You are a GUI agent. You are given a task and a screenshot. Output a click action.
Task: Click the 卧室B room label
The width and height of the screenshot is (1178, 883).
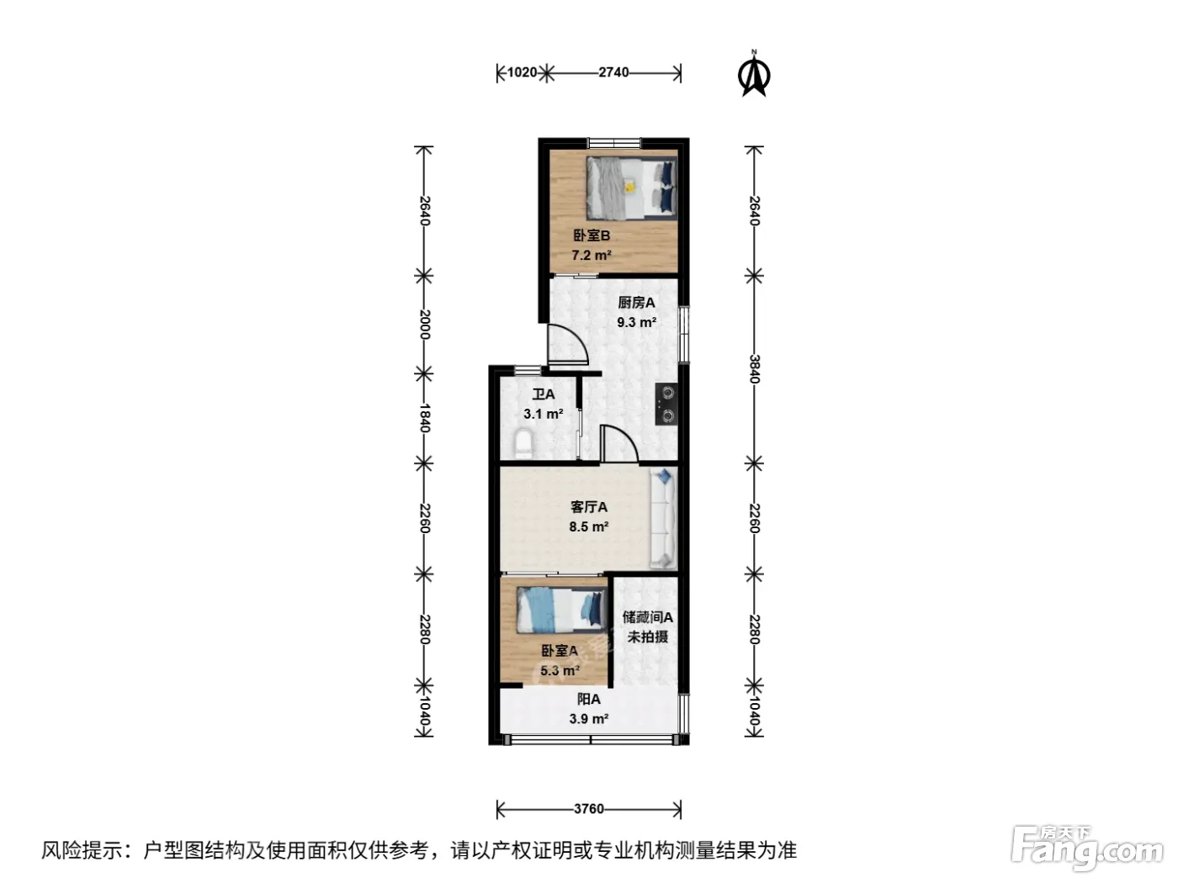click(x=592, y=235)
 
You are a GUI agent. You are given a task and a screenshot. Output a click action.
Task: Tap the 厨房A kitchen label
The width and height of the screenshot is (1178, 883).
click(x=636, y=303)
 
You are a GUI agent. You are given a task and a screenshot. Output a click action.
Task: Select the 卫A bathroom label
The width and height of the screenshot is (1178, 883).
click(x=543, y=394)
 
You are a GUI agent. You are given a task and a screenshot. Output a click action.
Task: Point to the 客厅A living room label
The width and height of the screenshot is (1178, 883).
click(x=589, y=506)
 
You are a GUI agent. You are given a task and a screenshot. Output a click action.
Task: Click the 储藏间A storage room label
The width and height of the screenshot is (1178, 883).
click(x=647, y=617)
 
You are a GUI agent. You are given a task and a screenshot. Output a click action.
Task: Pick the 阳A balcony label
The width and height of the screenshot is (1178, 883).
click(x=588, y=699)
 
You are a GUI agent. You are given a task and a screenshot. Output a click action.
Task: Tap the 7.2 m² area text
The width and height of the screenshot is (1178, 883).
click(x=592, y=255)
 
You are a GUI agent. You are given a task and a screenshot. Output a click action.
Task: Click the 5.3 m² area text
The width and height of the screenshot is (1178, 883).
click(x=560, y=671)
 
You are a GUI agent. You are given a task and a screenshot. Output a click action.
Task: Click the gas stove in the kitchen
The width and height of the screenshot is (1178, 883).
click(x=666, y=404)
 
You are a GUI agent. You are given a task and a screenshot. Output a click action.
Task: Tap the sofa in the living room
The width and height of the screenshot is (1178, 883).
click(x=663, y=518)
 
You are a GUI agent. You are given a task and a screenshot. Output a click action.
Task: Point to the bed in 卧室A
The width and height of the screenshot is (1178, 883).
click(x=561, y=610)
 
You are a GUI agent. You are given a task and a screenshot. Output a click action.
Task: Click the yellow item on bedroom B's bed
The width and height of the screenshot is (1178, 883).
click(x=629, y=187)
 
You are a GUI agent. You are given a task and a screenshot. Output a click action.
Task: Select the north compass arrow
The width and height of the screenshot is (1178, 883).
click(x=754, y=74)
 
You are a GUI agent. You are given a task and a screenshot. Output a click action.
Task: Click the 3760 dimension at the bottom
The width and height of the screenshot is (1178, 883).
click(x=589, y=808)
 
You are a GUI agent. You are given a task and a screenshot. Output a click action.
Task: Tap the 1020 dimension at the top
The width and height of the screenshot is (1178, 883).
click(x=522, y=71)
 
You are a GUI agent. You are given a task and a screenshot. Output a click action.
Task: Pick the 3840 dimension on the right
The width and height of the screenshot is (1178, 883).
click(x=755, y=369)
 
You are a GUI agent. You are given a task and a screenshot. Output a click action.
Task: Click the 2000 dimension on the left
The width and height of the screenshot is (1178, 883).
click(x=424, y=325)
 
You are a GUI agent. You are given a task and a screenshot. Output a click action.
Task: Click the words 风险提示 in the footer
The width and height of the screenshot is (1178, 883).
click(x=82, y=850)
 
